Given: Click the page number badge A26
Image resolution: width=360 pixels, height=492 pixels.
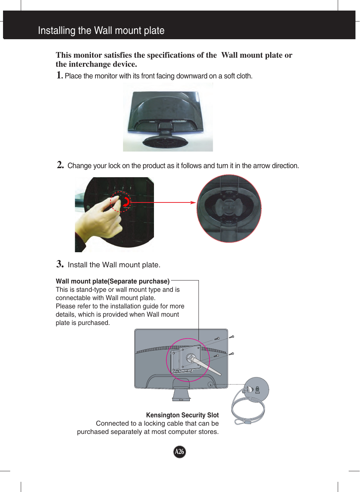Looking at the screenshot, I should click(x=180, y=452).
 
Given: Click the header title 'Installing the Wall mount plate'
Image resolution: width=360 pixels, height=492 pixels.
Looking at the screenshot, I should click(x=101, y=31).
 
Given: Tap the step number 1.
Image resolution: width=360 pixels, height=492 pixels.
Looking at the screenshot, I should click(x=59, y=75).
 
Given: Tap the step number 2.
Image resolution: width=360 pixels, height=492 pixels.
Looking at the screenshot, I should click(x=60, y=165).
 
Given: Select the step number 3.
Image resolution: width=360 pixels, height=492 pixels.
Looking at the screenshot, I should click(x=60, y=264).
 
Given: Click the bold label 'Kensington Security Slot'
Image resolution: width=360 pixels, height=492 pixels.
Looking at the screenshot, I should click(x=182, y=415).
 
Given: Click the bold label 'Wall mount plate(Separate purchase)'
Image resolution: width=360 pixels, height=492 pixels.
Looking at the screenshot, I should click(x=112, y=281).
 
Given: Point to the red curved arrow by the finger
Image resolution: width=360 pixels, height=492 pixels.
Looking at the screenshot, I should click(x=127, y=202).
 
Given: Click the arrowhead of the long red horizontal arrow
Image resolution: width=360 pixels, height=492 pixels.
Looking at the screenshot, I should click(x=193, y=202).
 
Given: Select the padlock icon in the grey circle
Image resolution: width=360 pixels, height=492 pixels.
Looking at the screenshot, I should click(x=257, y=389).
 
